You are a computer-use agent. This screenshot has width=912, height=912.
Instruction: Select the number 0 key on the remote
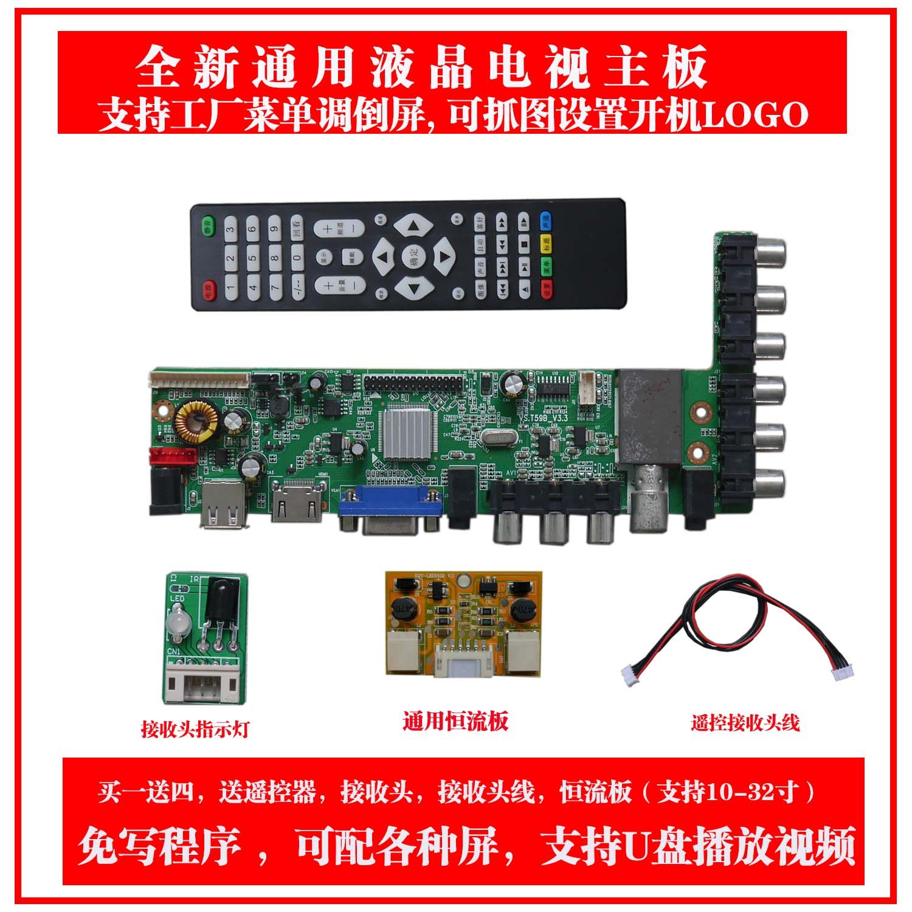297,258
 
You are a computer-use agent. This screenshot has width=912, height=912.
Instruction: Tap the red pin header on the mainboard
172,457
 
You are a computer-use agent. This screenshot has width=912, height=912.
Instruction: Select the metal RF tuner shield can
648,420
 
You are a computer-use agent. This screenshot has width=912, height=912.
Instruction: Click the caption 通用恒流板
455,722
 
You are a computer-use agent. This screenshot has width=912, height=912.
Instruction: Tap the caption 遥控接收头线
745,723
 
